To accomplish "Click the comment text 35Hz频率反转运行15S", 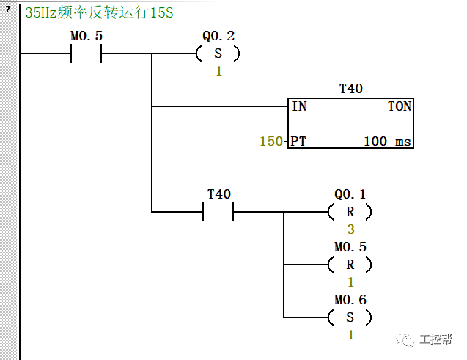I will (99, 13).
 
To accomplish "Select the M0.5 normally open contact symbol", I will (86, 54).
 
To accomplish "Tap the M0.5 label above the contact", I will (86, 36).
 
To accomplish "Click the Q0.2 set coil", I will (218, 54).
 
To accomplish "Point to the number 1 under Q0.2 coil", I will (218, 71).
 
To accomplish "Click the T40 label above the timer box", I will (351, 89).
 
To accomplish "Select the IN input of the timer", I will (299, 106).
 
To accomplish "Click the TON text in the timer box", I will (399, 106).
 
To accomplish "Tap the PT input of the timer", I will (298, 141).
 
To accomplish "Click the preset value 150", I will (271, 141).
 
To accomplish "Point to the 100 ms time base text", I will (387, 141).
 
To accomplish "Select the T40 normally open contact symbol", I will (218, 212).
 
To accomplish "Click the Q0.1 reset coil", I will (350, 212).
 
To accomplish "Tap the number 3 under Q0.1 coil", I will (350, 229).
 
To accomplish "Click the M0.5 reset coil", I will (350, 265).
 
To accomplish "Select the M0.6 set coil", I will (350, 317).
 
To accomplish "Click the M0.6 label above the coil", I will (350, 300).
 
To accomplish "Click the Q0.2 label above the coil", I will (218, 36).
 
